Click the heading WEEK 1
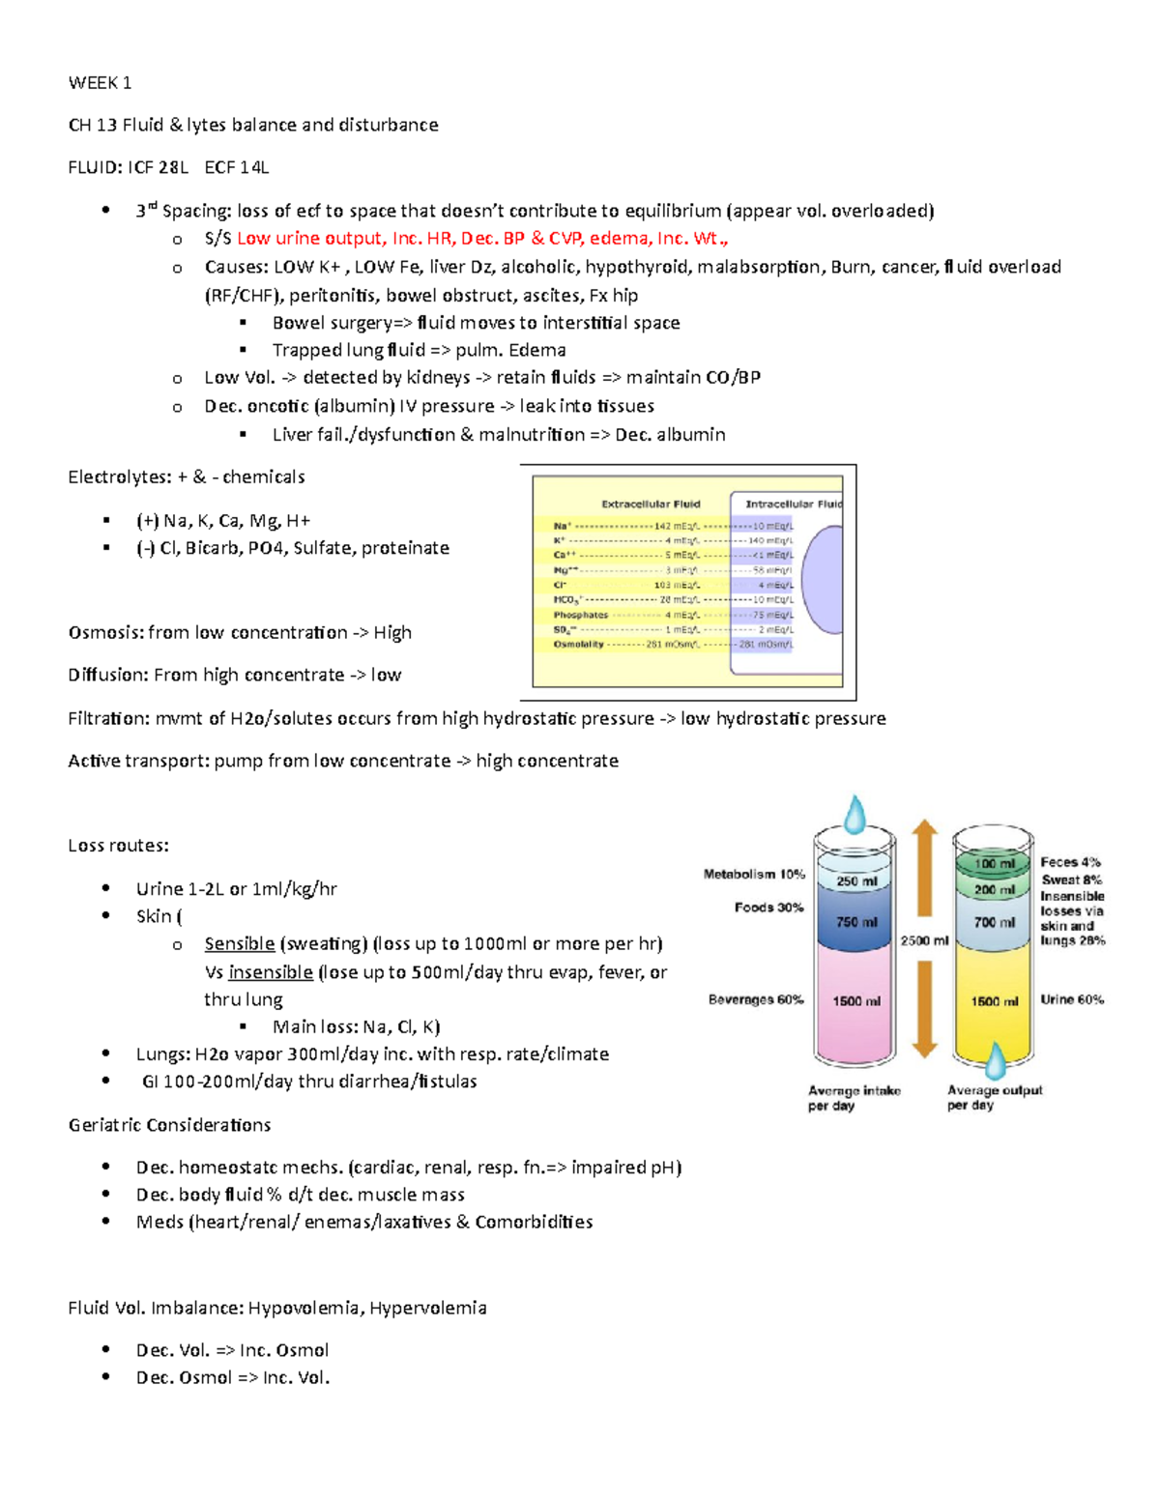pyautogui.click(x=100, y=83)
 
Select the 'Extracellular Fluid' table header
pyautogui.click(x=651, y=504)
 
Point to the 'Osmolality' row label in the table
pyautogui.click(x=578, y=645)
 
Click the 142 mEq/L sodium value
pyautogui.click(x=676, y=527)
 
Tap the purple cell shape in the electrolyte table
pyautogui.click(x=822, y=580)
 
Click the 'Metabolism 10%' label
pyautogui.click(x=754, y=875)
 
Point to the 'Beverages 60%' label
pyautogui.click(x=756, y=1000)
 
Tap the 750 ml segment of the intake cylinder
pyautogui.click(x=856, y=922)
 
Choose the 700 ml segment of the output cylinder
pyautogui.click(x=994, y=923)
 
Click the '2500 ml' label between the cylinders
pyautogui.click(x=924, y=940)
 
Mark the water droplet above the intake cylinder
pyautogui.click(x=855, y=814)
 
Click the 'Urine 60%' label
pyautogui.click(x=1072, y=1000)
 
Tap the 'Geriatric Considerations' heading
pyautogui.click(x=169, y=1125)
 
